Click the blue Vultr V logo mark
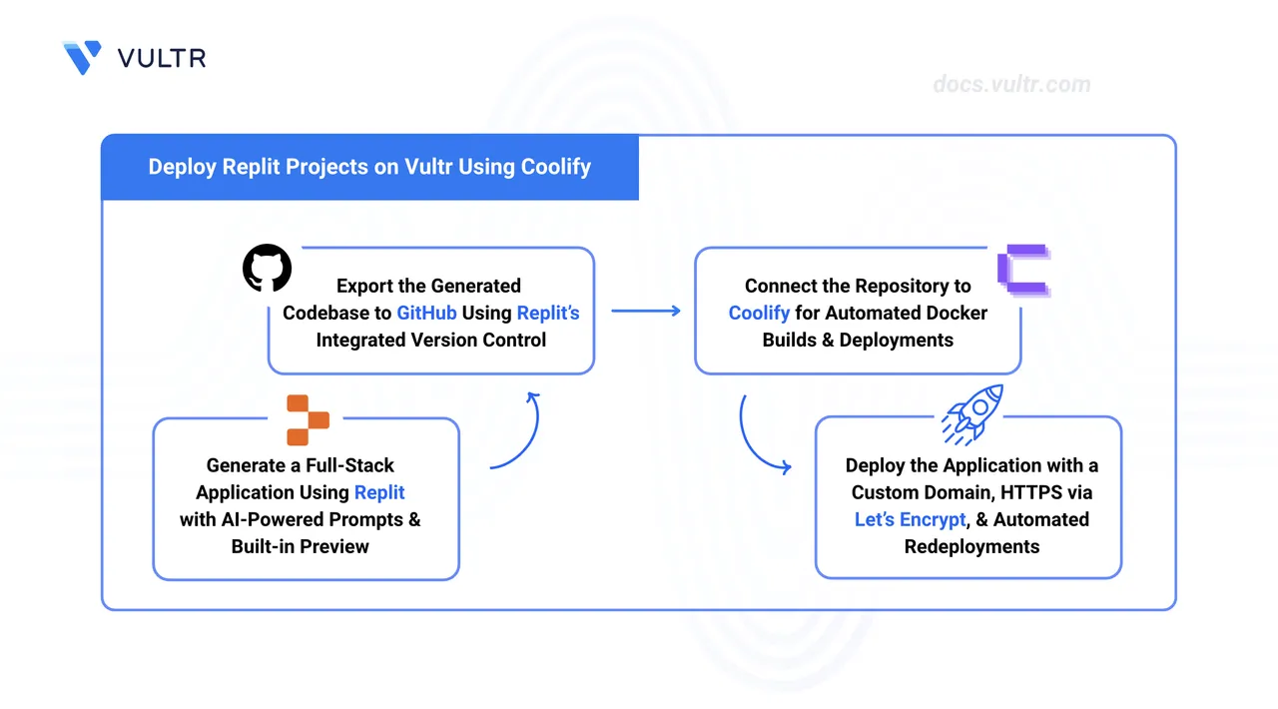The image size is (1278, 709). pyautogui.click(x=82, y=57)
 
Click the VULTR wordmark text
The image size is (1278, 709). pyautogui.click(x=162, y=58)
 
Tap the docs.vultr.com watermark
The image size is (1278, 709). pyautogui.click(x=1011, y=85)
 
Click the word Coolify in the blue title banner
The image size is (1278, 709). pyautogui.click(x=556, y=167)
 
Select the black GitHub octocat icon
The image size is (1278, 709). pyautogui.click(x=267, y=268)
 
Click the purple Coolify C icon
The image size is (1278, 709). pyautogui.click(x=1024, y=271)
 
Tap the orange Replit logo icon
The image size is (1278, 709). pyautogui.click(x=308, y=419)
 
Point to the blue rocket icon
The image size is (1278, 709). pyautogui.click(x=972, y=414)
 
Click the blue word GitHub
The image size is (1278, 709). pyautogui.click(x=426, y=313)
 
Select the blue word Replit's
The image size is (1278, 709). pyautogui.click(x=548, y=313)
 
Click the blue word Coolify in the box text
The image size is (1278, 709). pyautogui.click(x=759, y=313)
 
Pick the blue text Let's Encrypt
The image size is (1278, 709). pyautogui.click(x=910, y=519)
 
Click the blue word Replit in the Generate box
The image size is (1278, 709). pyautogui.click(x=379, y=492)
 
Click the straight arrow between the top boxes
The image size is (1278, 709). pyautogui.click(x=646, y=312)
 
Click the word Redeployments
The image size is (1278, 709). pyautogui.click(x=971, y=546)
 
